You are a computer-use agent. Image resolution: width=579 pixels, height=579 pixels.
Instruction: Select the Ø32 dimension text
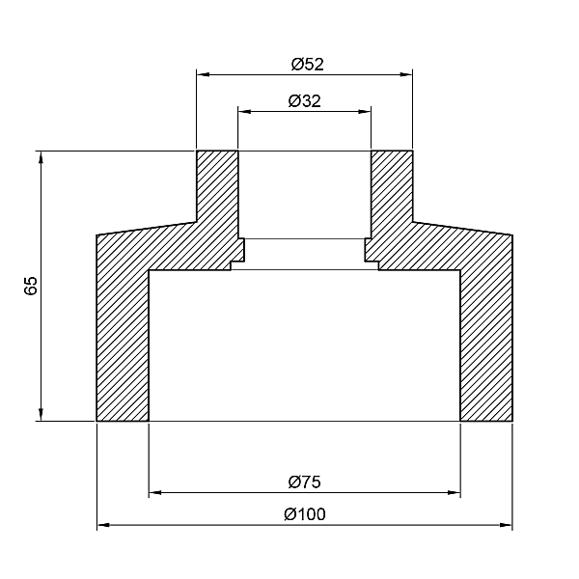tap(305, 101)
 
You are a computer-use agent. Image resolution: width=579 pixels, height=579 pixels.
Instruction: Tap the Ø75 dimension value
tap(305, 481)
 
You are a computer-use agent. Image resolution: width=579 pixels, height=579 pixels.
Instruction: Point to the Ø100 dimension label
tap(305, 514)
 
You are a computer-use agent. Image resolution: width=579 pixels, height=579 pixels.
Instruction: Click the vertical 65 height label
tap(31, 286)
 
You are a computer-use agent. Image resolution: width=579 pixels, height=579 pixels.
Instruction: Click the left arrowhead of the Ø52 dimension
tap(202, 72)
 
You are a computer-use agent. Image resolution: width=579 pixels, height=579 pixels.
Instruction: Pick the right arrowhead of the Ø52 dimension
tap(407, 72)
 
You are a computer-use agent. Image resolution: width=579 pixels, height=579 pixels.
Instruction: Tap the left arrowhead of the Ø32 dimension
tap(243, 111)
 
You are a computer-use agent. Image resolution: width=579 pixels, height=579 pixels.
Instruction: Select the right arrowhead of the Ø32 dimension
tap(366, 111)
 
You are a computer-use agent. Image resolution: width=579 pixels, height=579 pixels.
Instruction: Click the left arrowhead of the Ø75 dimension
tap(153, 492)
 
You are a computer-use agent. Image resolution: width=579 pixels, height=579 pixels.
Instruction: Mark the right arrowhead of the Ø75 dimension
tap(455, 492)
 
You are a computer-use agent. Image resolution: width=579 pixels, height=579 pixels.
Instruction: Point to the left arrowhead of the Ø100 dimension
tap(102, 526)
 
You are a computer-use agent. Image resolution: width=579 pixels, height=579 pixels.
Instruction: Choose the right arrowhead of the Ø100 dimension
tap(508, 526)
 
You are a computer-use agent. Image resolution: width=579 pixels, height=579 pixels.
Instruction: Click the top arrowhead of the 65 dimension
tap(41, 155)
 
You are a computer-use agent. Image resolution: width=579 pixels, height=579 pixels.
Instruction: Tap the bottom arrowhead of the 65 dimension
tap(41, 416)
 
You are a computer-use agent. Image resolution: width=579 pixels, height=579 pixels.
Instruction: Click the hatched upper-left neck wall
tap(217, 193)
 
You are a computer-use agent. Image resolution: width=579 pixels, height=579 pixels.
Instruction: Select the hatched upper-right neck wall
tap(393, 193)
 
